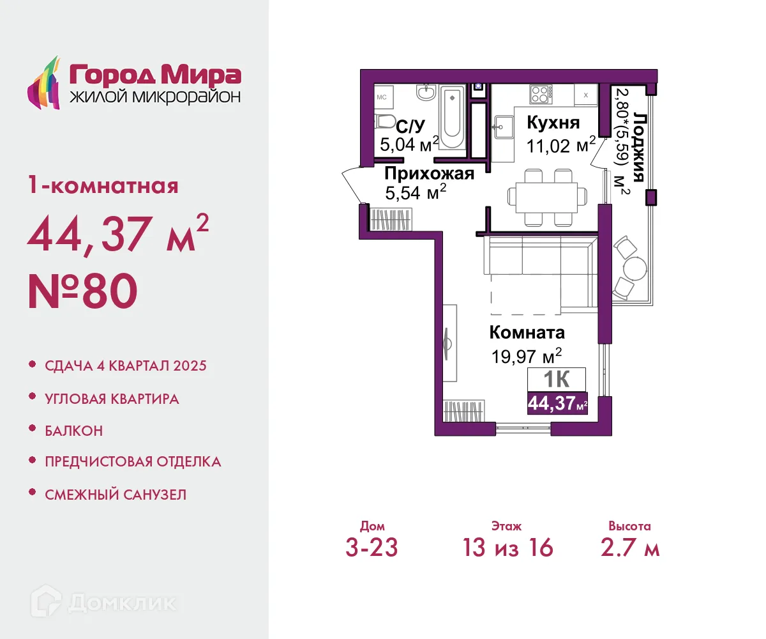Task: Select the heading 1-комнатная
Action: (x=102, y=187)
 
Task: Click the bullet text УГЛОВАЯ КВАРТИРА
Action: (x=112, y=399)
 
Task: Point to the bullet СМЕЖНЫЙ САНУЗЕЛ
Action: (x=116, y=494)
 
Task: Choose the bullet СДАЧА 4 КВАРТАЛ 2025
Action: (x=126, y=366)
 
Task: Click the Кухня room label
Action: (x=553, y=123)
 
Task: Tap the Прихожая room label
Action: (x=429, y=174)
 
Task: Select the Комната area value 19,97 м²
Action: (x=526, y=355)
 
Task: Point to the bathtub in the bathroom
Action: (x=453, y=118)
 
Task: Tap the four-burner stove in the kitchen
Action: (x=540, y=95)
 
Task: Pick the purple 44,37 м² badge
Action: (x=557, y=403)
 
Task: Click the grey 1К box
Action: (x=557, y=379)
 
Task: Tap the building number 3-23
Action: (x=372, y=548)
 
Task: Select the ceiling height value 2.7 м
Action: (x=629, y=548)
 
